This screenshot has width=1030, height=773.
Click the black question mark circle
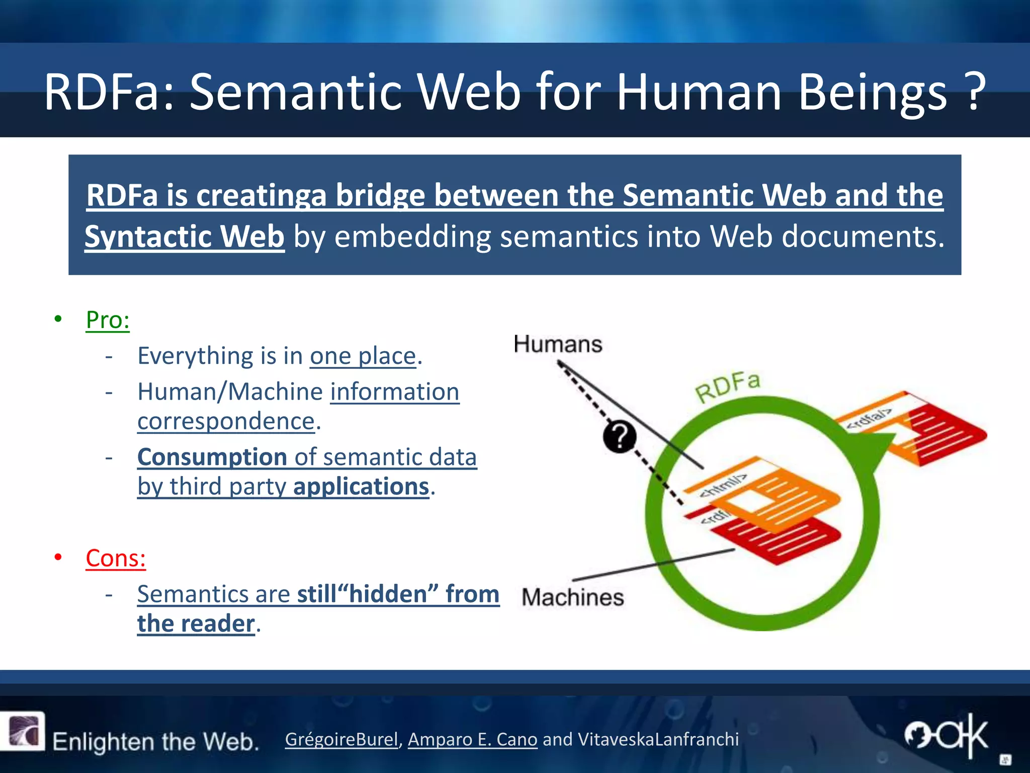[x=620, y=436]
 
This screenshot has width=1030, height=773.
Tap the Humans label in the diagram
[x=558, y=345]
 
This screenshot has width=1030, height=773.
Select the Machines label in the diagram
[x=573, y=597]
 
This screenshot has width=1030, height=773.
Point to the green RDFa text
[x=727, y=388]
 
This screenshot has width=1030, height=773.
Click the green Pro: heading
[x=108, y=320]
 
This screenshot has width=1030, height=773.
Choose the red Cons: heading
[x=116, y=558]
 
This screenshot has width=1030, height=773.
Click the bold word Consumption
[x=212, y=457]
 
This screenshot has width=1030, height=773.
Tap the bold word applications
[x=361, y=487]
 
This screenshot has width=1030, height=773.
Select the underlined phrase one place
[x=363, y=356]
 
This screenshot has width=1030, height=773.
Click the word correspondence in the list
[x=226, y=421]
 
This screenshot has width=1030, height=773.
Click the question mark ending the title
[x=976, y=92]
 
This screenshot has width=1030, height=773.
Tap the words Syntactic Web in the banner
[x=185, y=237]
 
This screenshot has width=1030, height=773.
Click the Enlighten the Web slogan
[x=155, y=742]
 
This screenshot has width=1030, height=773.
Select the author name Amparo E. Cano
[x=472, y=739]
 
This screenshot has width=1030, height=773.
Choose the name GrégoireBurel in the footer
[x=341, y=739]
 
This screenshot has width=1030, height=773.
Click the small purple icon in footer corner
[x=23, y=731]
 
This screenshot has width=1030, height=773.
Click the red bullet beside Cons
[x=58, y=557]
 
